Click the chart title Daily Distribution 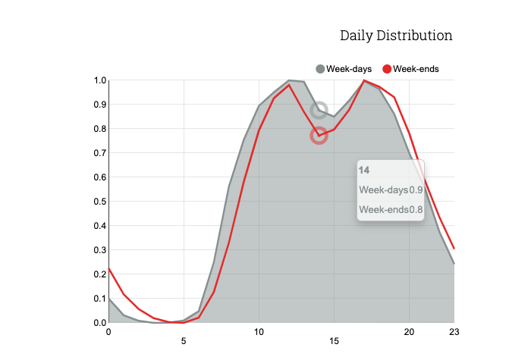pyautogui.click(x=396, y=36)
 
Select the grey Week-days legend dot pyautogui.click(x=320, y=69)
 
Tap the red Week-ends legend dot pyautogui.click(x=387, y=69)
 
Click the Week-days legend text pyautogui.click(x=349, y=69)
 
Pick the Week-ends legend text pyautogui.click(x=416, y=69)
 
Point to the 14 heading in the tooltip pyautogui.click(x=364, y=171)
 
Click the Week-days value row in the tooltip pyautogui.click(x=391, y=189)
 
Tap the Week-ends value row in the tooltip pyautogui.click(x=391, y=210)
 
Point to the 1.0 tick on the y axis pyautogui.click(x=100, y=80)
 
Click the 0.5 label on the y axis pyautogui.click(x=100, y=202)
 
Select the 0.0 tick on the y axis pyautogui.click(x=100, y=323)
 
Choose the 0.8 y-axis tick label pyautogui.click(x=100, y=129)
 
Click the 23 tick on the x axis pyautogui.click(x=454, y=332)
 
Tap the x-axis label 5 pyautogui.click(x=184, y=341)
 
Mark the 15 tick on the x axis pyautogui.click(x=334, y=341)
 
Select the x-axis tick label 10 pyautogui.click(x=259, y=332)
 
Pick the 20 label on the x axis pyautogui.click(x=409, y=332)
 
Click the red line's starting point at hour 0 pyautogui.click(x=108, y=268)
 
